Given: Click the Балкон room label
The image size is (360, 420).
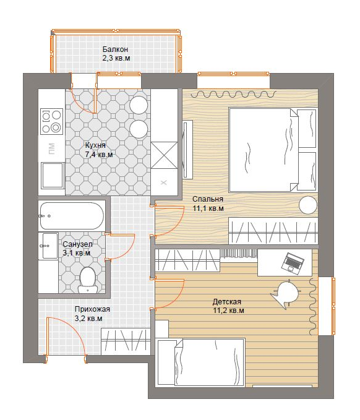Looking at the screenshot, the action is coord(115,49).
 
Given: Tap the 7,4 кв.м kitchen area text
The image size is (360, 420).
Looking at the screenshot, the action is coord(99,155).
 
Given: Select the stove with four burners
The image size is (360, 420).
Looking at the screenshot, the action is coord(52,121).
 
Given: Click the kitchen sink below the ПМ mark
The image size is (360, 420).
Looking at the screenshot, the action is coord(53,175).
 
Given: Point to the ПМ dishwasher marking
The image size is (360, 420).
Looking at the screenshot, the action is coord(51,149).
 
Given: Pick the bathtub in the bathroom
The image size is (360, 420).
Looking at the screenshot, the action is coord(72,216).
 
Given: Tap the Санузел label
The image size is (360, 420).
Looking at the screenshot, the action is coord(77,244).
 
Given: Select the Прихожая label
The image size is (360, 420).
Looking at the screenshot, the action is coord(92,309).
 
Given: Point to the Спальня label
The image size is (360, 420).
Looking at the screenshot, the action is coord(208,199).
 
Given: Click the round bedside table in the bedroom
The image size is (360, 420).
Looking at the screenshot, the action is coord(308,205).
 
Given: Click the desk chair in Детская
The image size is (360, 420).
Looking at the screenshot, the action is coord(286,293).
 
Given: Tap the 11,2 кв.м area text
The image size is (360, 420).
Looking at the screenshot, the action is coord(228,311).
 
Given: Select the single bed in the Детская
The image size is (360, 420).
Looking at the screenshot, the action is coord(200,362).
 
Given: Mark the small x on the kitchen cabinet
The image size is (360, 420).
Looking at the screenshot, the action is coord(164,182).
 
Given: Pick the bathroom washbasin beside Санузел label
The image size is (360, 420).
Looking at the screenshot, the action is coord(48,246).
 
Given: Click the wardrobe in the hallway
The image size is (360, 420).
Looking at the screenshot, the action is coord(126,341).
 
